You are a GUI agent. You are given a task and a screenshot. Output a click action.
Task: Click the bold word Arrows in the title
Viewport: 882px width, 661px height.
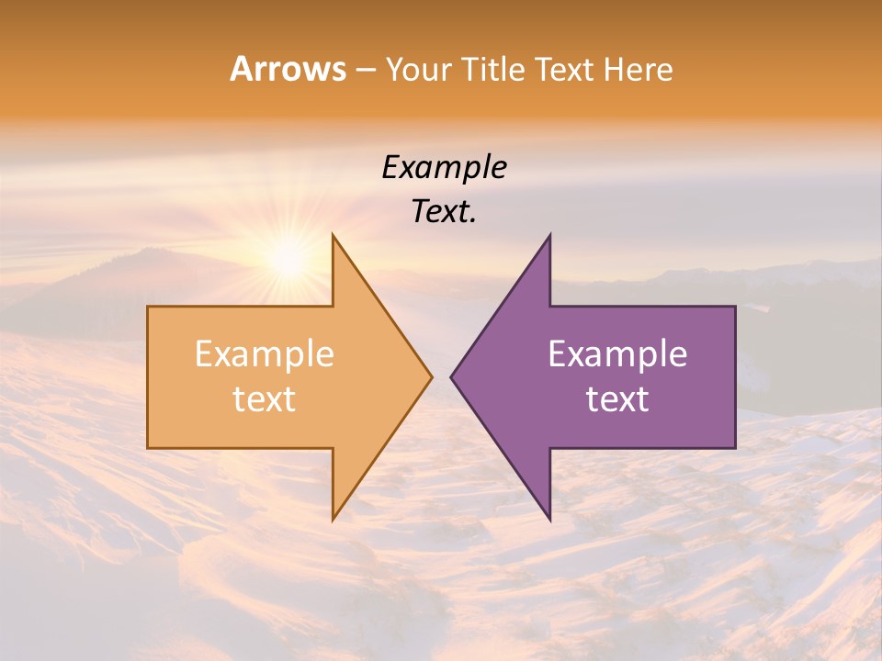[288, 69]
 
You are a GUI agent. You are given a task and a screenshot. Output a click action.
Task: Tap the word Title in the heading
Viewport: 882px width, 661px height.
[498, 69]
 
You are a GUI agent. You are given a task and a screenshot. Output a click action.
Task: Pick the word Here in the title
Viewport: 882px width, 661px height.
[639, 69]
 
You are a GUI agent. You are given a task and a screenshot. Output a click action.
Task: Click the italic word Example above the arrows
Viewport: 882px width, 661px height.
[445, 168]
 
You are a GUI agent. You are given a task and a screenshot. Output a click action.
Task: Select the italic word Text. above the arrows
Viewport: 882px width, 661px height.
[445, 212]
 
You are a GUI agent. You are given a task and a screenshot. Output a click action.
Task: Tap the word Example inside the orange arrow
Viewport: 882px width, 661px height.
[265, 354]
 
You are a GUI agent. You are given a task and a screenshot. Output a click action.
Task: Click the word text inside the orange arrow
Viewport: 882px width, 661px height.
[265, 399]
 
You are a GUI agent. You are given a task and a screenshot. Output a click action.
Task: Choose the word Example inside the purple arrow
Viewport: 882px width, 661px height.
[617, 354]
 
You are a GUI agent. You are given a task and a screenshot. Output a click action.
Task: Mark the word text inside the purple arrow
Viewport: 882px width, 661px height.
[617, 399]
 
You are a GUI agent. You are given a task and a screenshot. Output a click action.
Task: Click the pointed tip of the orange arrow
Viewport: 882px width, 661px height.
[431, 376]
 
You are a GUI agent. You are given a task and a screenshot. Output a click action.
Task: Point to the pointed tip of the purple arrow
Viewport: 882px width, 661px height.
[452, 376]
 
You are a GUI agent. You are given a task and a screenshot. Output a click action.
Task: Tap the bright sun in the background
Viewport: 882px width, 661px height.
[288, 260]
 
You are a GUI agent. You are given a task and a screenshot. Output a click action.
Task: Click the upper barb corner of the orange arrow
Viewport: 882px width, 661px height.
[334, 236]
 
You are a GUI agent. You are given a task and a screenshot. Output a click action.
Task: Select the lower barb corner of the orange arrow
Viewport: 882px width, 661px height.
[334, 519]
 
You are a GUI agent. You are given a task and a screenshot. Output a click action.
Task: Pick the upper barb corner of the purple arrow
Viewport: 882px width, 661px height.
[549, 236]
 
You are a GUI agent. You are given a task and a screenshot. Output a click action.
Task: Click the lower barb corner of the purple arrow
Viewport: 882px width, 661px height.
[549, 519]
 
